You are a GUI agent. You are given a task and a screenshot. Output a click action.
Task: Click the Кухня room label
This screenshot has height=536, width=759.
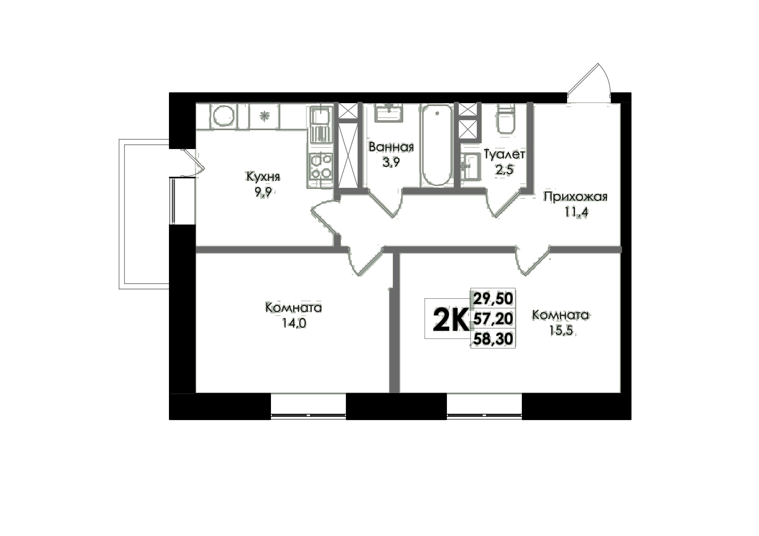pyautogui.click(x=263, y=177)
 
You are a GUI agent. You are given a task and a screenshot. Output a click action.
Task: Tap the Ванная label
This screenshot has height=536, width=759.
pyautogui.click(x=391, y=147)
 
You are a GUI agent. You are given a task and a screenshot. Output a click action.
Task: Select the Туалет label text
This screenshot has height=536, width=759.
pyautogui.click(x=504, y=154)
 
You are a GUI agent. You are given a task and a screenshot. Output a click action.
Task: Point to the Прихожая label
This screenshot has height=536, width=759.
pyautogui.click(x=575, y=197)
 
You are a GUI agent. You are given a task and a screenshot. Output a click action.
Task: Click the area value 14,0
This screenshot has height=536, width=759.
pyautogui.click(x=294, y=323)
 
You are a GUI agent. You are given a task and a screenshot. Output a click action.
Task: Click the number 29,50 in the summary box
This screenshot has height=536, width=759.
pyautogui.click(x=493, y=299)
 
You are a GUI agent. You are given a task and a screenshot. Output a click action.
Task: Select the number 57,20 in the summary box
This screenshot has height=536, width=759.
pyautogui.click(x=493, y=319)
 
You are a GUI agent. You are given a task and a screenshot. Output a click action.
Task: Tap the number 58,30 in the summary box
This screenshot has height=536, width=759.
pyautogui.click(x=493, y=339)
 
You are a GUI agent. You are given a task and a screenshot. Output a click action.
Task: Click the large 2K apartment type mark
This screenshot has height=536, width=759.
pyautogui.click(x=451, y=319)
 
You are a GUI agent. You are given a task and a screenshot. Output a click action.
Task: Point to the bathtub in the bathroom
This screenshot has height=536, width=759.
pyautogui.click(x=437, y=145)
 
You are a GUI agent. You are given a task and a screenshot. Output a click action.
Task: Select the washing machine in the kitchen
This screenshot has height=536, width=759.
pyautogui.click(x=224, y=116)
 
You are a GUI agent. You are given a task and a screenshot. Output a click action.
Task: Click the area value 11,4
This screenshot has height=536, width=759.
pyautogui.click(x=576, y=212)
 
